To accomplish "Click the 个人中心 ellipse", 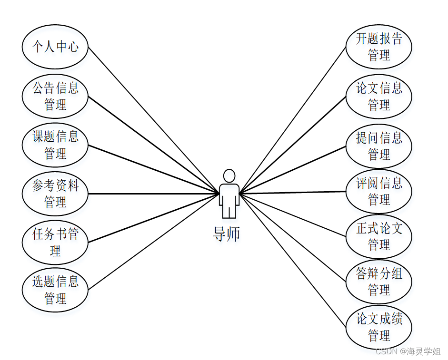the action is pos(55,47).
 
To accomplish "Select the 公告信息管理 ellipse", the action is pos(55,96).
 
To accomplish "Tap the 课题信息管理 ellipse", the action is pos(55,145).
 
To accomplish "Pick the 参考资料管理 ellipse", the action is pos(55,194).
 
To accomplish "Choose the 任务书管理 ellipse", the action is pos(55,242).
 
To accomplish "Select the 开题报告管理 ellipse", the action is pos(379,47).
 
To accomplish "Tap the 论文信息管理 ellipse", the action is pos(379,97).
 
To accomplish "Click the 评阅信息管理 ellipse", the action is pos(379,191).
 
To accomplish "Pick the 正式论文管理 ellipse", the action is pos(379,236).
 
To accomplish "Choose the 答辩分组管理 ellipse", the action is pos(379,282).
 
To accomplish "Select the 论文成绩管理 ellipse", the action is pos(379,327).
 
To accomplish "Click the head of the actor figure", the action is pos(229,175).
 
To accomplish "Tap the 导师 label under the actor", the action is pos(227,234).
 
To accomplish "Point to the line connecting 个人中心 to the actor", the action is pos(153,120).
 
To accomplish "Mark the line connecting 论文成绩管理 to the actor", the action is pos(292,260).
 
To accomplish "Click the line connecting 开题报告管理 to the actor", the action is pos(292,120).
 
